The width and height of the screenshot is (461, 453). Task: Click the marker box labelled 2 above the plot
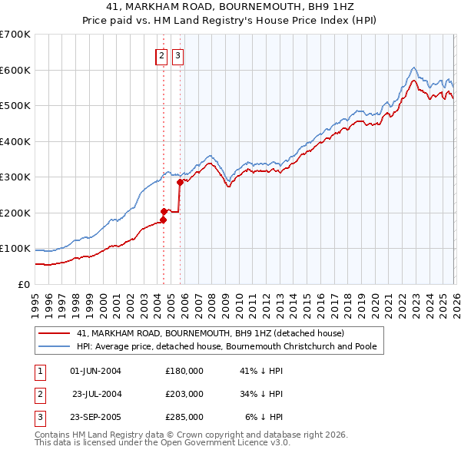tap(162, 55)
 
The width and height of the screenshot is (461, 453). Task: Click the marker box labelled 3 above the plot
tap(177, 55)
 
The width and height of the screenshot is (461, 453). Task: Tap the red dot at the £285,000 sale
tap(180, 183)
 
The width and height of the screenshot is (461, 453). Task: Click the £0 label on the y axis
tap(23, 284)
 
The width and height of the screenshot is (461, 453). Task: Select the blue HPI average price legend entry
tap(226, 346)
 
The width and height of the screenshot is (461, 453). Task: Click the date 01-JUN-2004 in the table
tap(95, 370)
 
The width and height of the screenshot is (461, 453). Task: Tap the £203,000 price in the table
tap(184, 394)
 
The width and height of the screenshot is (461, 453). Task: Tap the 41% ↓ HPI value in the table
tap(261, 370)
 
